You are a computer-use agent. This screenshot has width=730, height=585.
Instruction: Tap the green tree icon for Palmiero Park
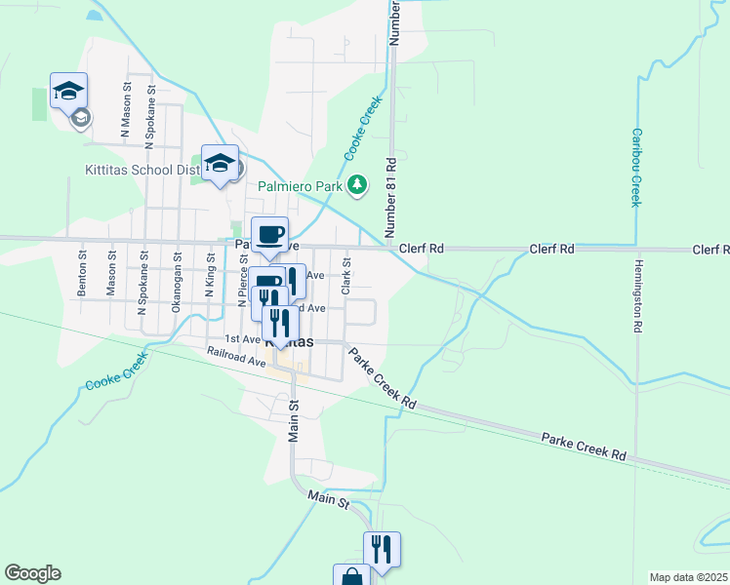[x=358, y=183]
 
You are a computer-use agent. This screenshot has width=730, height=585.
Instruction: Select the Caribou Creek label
[x=635, y=167]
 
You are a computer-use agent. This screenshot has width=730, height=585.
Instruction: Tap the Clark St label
[x=345, y=276]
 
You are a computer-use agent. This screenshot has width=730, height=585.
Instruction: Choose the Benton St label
[x=83, y=276]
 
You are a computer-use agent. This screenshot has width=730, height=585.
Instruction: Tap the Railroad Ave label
[x=230, y=356]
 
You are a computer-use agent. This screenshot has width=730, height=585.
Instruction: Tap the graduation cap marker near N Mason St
[x=69, y=91]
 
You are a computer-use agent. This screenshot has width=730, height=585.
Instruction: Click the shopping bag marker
[x=351, y=575]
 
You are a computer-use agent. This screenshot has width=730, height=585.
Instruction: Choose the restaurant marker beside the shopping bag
[x=382, y=548]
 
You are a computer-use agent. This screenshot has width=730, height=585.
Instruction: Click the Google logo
[x=32, y=573]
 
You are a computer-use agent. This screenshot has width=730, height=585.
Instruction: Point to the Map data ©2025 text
[x=688, y=577]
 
